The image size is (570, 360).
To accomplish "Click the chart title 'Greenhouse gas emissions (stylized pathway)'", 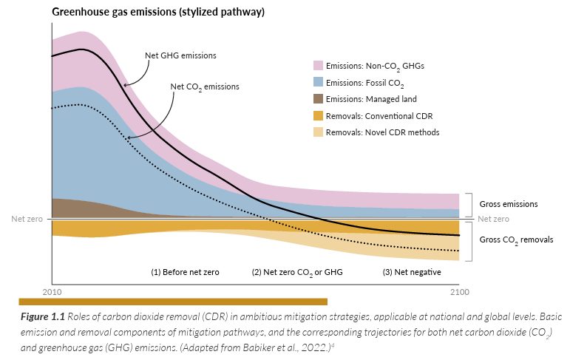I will pos(158,13).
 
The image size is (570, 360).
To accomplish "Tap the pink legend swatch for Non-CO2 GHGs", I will pos(319,65).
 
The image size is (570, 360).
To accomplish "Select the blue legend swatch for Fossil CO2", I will pos(319,82).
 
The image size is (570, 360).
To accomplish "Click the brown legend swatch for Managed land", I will pos(319,99).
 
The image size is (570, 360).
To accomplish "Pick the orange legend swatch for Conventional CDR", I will pos(319,115).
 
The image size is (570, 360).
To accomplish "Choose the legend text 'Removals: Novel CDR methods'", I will pos(383,132).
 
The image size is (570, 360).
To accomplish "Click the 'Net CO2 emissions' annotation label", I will pos(205,86).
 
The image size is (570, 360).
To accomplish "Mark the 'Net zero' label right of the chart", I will pos(493,219).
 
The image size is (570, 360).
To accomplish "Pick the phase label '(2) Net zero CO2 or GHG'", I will pos(297,271).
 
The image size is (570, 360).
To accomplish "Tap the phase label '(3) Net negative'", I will pos(412,271).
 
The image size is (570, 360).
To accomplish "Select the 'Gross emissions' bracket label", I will pos(509,203).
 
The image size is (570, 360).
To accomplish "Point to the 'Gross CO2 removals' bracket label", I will pos(516,240).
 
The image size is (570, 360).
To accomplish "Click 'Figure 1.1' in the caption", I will pos(42,317).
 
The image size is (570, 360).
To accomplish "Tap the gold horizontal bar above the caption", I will pos(172,301).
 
